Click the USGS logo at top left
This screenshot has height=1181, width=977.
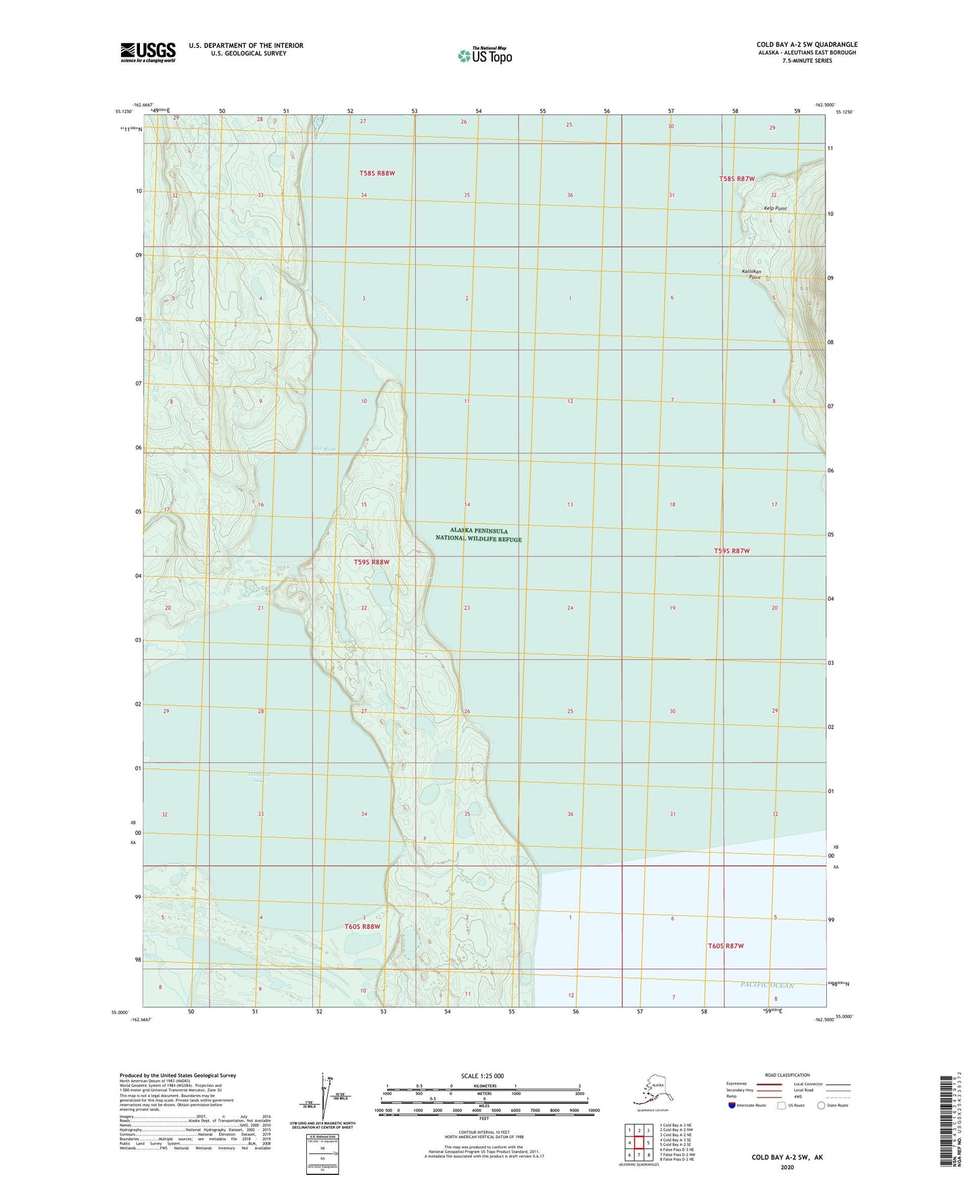point(148,51)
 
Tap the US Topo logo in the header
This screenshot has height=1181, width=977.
point(484,55)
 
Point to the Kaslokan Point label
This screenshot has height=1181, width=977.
point(752,274)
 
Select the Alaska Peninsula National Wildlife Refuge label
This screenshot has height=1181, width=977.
point(479,535)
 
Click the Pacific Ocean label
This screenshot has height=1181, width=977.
point(767,985)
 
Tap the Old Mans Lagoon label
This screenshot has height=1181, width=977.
point(324,451)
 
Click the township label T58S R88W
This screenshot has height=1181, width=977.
point(377,173)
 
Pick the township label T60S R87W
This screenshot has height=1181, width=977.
point(725,946)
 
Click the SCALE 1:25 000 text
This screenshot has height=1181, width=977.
point(482,1075)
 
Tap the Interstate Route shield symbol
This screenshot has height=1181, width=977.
point(732,1105)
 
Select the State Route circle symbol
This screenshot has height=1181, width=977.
point(821,1105)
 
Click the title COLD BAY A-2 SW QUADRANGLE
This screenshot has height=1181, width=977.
point(807,45)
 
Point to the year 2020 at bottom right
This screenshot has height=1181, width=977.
point(787,1167)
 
